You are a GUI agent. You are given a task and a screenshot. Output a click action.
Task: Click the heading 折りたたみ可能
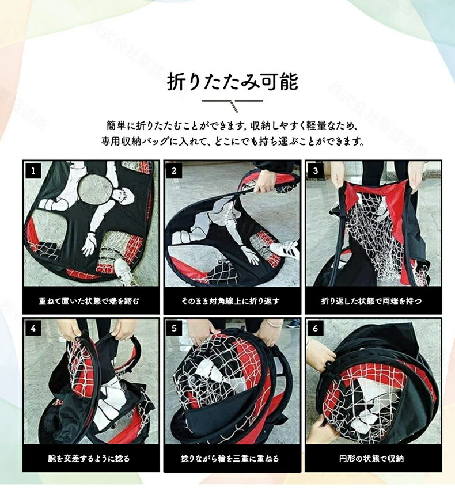tap(233, 82)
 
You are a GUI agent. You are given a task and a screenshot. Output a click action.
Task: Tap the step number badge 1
tap(33, 172)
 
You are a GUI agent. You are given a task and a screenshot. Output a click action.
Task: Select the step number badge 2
tap(174, 172)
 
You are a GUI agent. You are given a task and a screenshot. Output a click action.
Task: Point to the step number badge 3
tap(316, 172)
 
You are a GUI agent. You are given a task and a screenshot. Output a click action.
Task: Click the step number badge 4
tap(33, 329)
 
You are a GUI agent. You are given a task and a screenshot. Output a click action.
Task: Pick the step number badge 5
tap(174, 329)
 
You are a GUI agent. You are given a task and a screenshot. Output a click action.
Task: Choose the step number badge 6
tap(316, 329)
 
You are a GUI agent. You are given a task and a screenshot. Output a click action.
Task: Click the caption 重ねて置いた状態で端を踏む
tap(89, 301)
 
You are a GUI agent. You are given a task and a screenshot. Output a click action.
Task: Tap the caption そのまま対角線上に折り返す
tap(230, 301)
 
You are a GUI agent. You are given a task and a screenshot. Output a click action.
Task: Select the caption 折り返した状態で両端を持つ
tap(371, 301)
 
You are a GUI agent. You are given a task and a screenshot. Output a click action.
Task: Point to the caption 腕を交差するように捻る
tap(89, 458)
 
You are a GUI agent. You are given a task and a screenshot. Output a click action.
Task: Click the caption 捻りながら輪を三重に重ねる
tap(230, 458)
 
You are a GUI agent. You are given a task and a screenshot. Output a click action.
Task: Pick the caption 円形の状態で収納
tap(371, 458)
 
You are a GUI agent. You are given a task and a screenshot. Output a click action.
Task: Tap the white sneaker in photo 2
tap(284, 248)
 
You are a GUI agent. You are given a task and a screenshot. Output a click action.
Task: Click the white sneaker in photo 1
tap(125, 272)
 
